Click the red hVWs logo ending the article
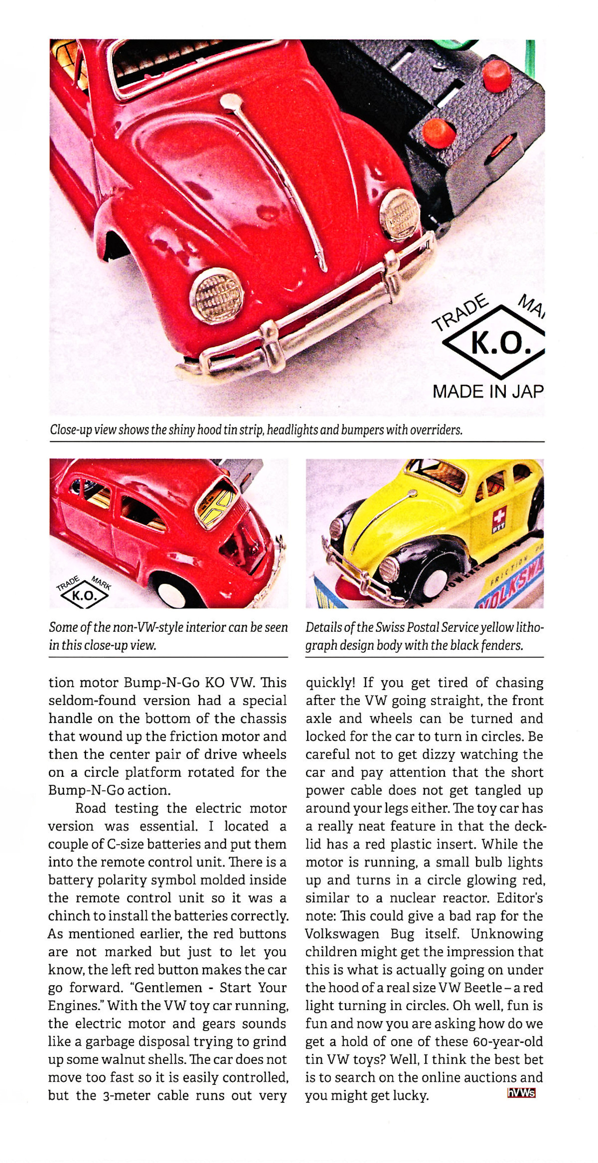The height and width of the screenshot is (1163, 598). [521, 1093]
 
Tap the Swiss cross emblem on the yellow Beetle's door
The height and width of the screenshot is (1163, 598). [499, 514]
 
